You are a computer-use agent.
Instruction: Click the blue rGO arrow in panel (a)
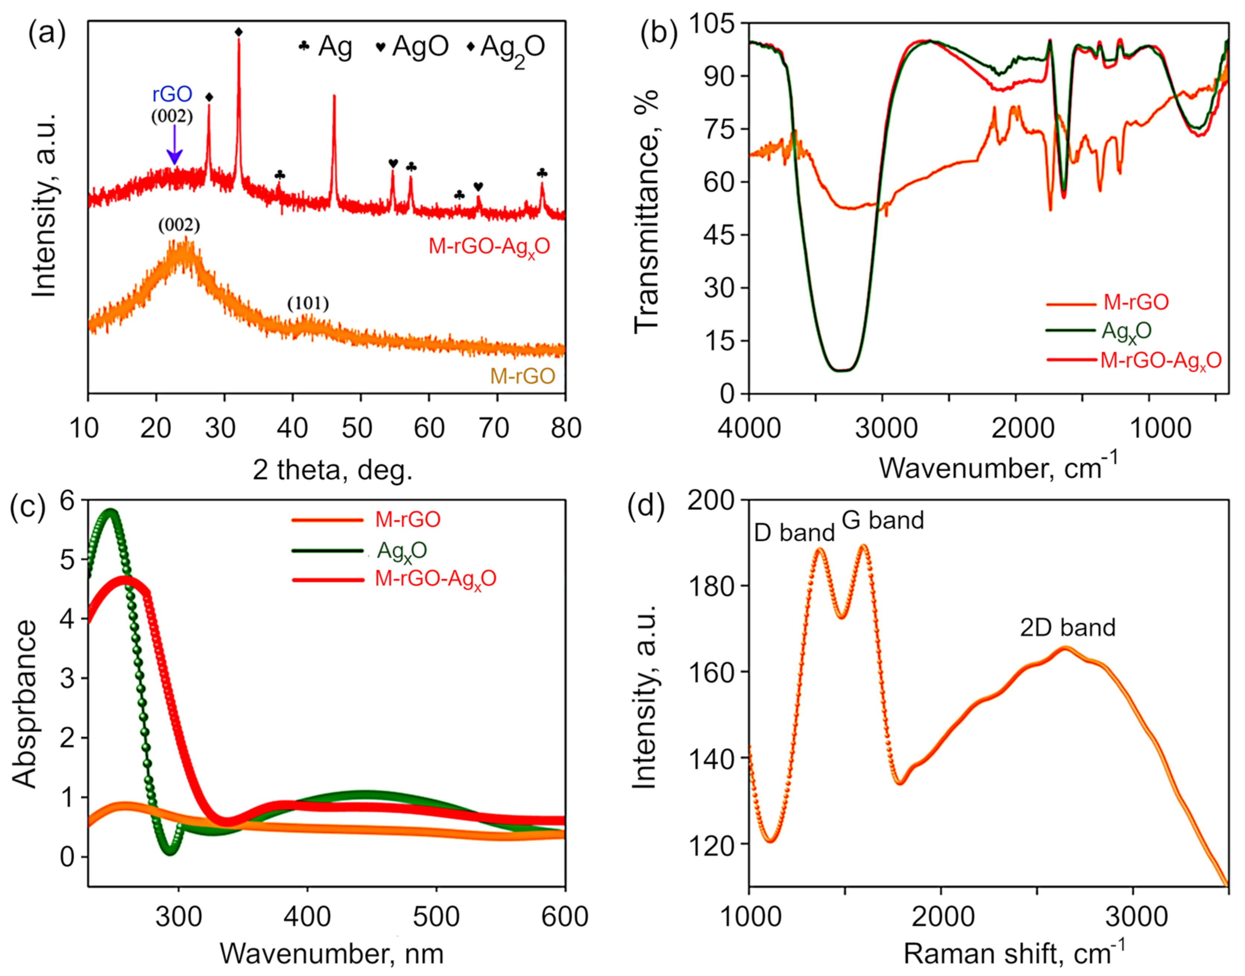(x=174, y=145)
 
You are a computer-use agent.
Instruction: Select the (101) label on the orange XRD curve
(x=308, y=304)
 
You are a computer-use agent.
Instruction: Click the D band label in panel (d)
(x=794, y=533)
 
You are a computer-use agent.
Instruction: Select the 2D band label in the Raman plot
(x=1067, y=627)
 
